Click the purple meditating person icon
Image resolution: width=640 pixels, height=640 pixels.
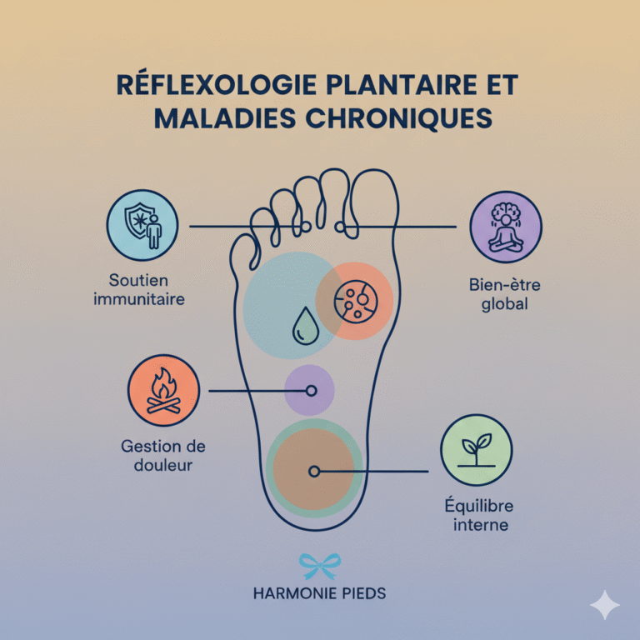(x=505, y=227)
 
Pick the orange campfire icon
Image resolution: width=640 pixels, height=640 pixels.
(x=163, y=390)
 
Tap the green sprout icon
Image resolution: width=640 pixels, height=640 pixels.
(x=476, y=450)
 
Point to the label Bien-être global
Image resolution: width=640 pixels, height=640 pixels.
(x=505, y=294)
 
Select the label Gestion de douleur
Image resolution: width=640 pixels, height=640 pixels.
(x=163, y=455)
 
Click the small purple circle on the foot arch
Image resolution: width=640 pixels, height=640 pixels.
(x=309, y=390)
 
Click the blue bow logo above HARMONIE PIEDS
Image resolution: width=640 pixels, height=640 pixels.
(x=319, y=567)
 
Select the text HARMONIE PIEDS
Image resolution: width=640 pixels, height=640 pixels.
(x=319, y=595)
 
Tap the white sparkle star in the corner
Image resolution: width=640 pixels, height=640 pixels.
(x=604, y=605)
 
